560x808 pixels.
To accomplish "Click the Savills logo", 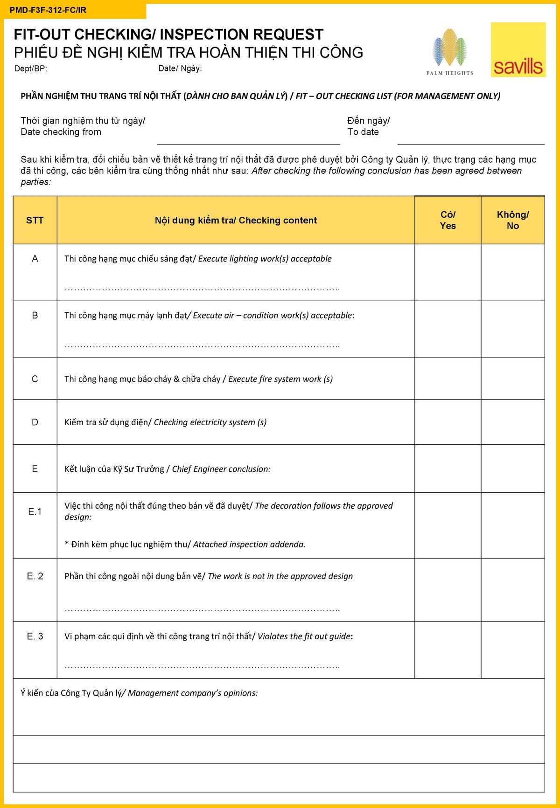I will click(x=518, y=50).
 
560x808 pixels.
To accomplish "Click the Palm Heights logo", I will click(x=449, y=52).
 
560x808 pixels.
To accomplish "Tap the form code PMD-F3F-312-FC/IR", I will click(x=48, y=10).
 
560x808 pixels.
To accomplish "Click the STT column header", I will click(x=35, y=221).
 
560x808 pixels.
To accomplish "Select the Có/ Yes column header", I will click(x=448, y=221).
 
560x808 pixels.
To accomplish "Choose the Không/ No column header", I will click(x=512, y=221).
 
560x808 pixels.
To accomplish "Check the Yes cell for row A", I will click(x=448, y=272).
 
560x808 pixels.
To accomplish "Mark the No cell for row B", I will click(x=512, y=329).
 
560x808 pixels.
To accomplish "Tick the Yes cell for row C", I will click(x=448, y=379).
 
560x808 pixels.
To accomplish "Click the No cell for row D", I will click(x=512, y=422).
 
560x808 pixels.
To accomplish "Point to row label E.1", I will click(x=35, y=511).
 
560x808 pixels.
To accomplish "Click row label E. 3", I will click(x=35, y=636).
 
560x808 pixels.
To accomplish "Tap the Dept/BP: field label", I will click(x=31, y=69).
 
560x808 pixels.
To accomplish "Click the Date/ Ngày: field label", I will click(x=180, y=69).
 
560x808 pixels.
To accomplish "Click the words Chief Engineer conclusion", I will click(x=221, y=469).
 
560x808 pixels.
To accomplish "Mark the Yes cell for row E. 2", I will click(x=448, y=590).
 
